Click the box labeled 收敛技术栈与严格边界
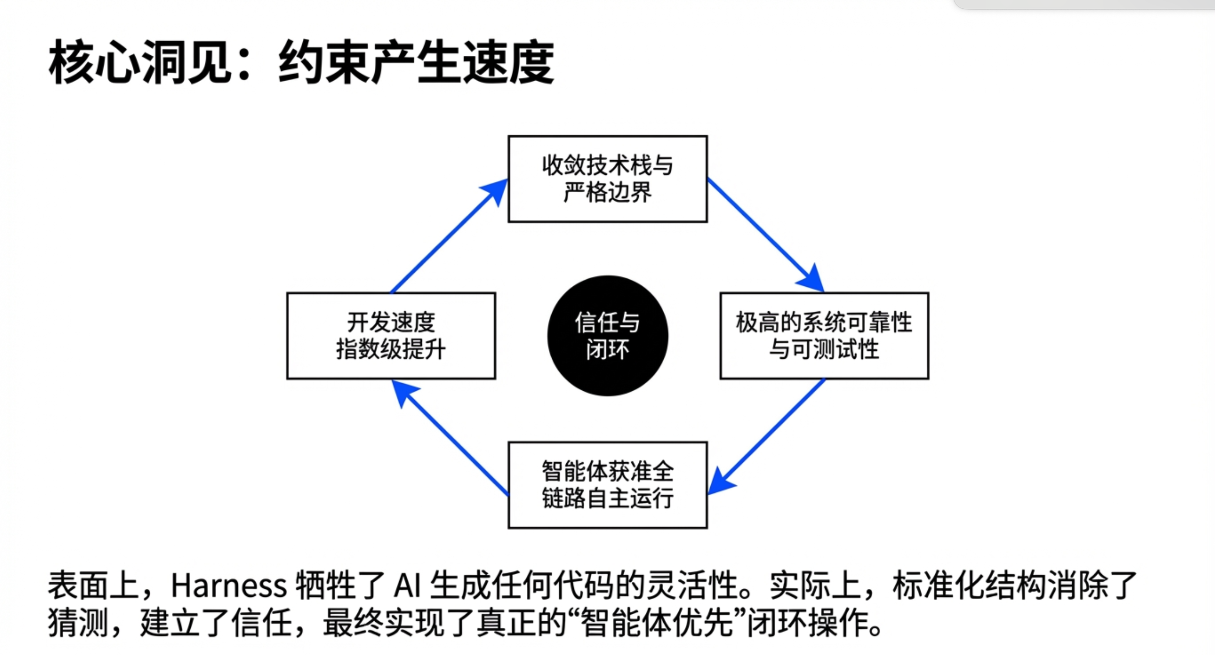coord(607,179)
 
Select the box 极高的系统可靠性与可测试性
coord(824,335)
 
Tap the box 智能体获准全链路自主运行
coord(607,485)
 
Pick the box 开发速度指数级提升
coord(391,335)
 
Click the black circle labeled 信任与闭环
coord(607,335)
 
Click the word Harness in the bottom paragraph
coord(229,586)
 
